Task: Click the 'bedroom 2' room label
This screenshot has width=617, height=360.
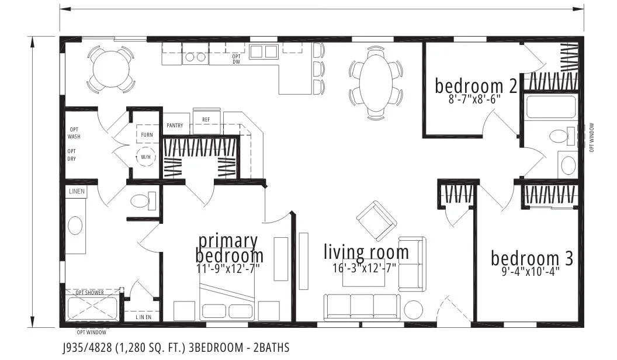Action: (x=476, y=86)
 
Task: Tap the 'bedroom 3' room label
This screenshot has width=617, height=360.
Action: (x=532, y=258)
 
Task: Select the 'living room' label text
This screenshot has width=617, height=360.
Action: (x=366, y=252)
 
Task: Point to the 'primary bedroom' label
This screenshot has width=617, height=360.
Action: (x=228, y=248)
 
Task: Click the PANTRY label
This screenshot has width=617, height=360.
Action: (x=175, y=126)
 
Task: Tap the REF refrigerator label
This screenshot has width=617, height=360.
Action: (x=206, y=120)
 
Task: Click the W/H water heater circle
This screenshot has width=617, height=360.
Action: (x=145, y=157)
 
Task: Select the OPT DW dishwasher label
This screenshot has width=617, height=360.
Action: (x=237, y=59)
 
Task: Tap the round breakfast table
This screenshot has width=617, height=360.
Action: (x=111, y=65)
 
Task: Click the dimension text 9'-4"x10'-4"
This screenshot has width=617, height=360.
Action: (x=531, y=272)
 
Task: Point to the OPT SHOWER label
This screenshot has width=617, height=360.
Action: (x=89, y=292)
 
